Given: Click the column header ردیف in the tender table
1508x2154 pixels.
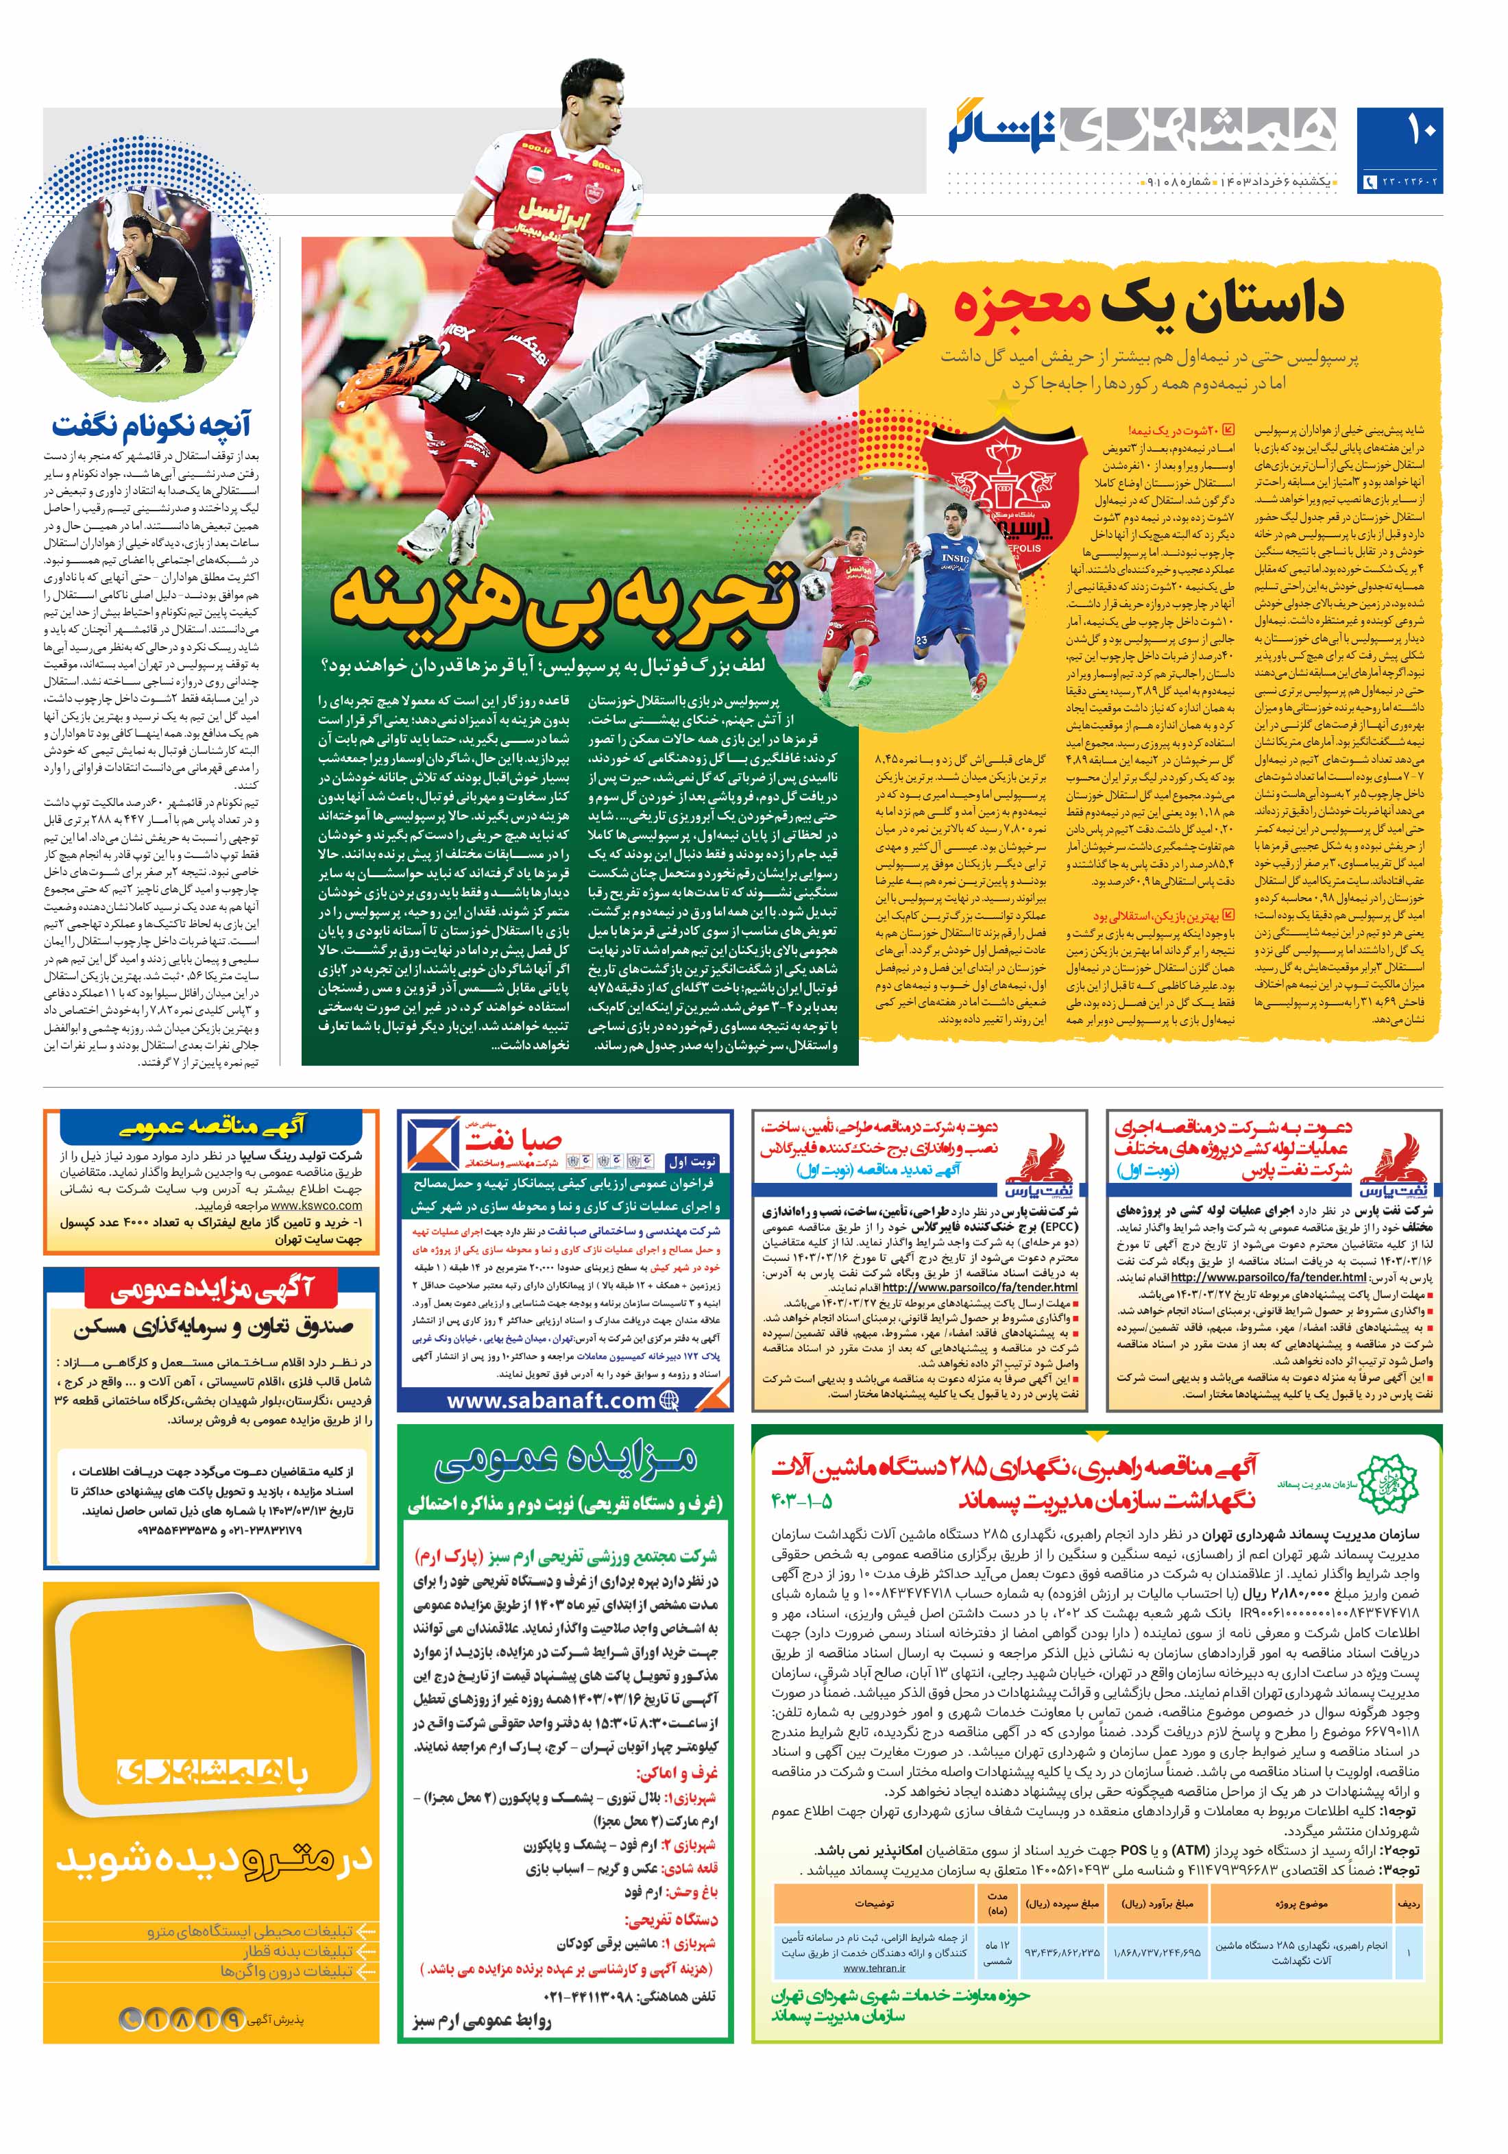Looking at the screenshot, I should (x=1409, y=1904).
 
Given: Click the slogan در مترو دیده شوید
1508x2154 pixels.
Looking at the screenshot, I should (x=215, y=1859).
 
